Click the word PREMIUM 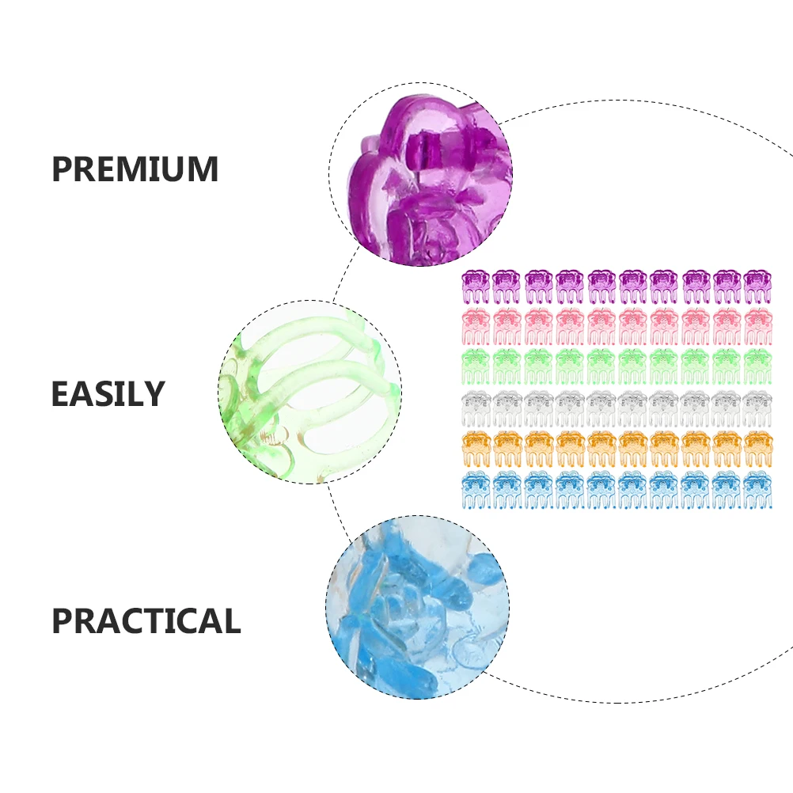(135, 169)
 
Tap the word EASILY (108, 394)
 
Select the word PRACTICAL (146, 620)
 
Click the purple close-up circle (421, 174)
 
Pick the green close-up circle (310, 392)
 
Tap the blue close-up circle (418, 607)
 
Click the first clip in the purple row (476, 286)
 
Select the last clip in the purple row (757, 286)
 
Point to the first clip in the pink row (476, 326)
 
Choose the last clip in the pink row (757, 326)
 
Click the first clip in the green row (476, 366)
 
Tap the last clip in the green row (757, 366)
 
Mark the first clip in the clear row (476, 408)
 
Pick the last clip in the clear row (757, 408)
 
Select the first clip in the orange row (476, 449)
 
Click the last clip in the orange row (757, 449)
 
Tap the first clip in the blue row (476, 490)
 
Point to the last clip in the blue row (757, 490)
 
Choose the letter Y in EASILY (154, 394)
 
